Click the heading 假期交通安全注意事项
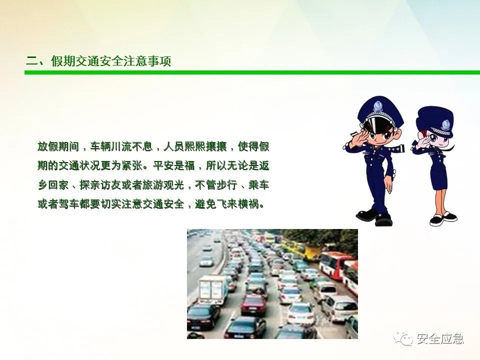point(111,61)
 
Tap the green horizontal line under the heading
point(252,72)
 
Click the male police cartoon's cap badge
point(377,106)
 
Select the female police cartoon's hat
point(435,121)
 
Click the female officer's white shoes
point(443,218)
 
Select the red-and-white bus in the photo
point(338,267)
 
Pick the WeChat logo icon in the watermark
point(403,338)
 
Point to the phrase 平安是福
point(174,165)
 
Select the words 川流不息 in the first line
point(132,146)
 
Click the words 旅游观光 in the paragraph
point(163,185)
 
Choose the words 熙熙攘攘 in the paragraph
point(195,146)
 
